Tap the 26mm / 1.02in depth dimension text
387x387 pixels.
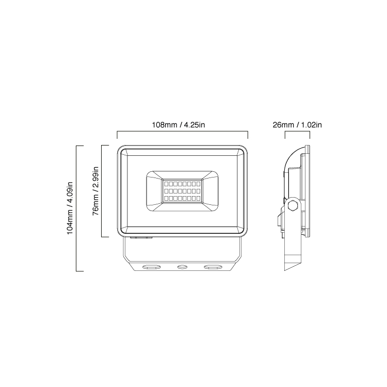point(297,125)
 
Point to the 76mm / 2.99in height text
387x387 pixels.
point(95,191)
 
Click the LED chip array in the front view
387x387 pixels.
point(183,191)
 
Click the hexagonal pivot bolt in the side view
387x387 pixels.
point(293,205)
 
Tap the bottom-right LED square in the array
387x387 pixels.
point(199,199)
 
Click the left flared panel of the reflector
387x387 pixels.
point(154,191)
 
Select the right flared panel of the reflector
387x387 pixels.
point(211,191)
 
